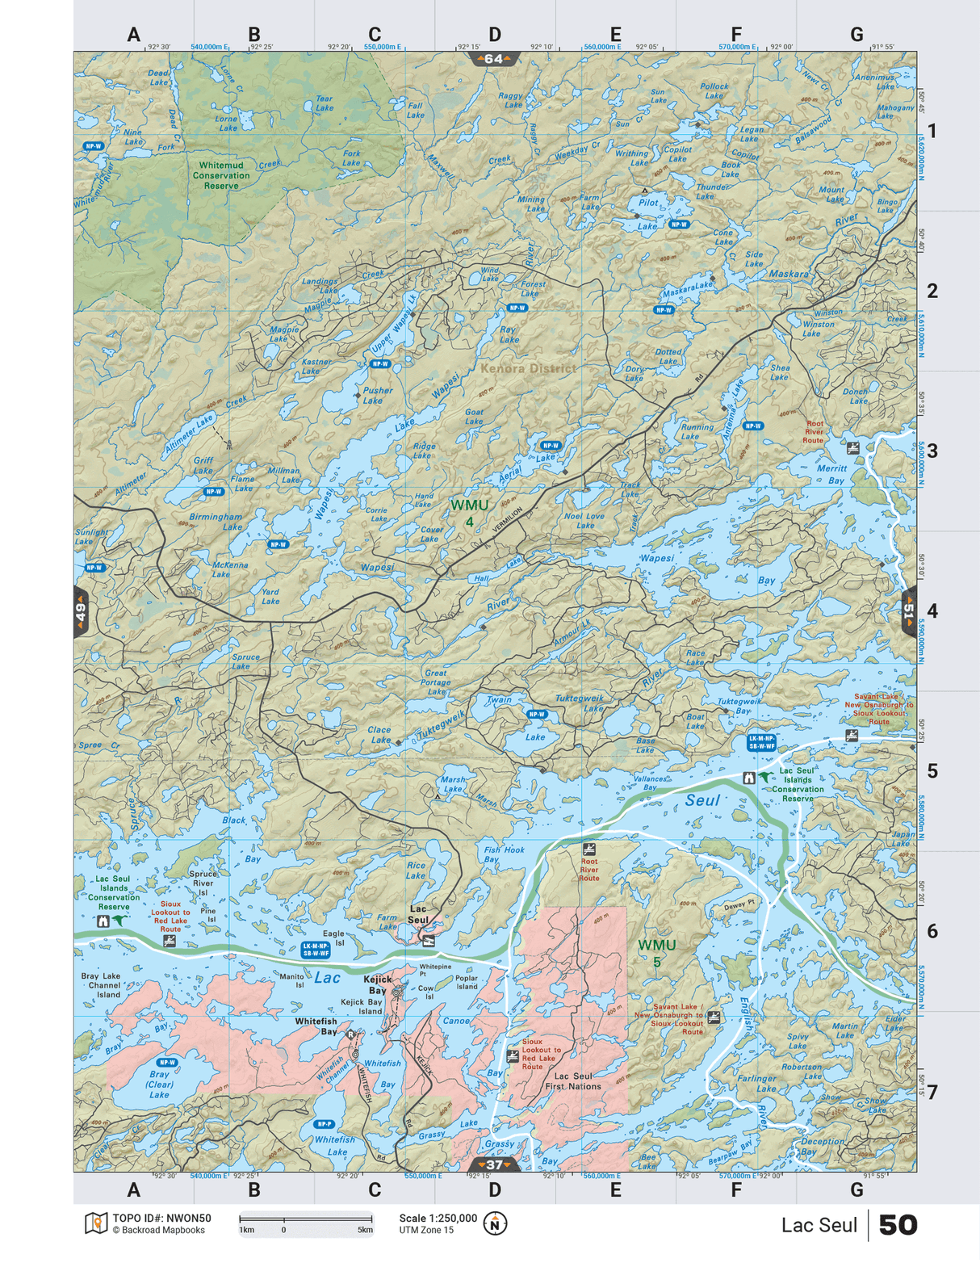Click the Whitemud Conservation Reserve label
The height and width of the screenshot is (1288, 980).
coord(221,175)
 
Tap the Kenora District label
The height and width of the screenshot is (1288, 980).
coord(529,368)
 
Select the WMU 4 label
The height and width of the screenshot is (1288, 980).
coord(469,513)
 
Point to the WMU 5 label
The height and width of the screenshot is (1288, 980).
coord(656,952)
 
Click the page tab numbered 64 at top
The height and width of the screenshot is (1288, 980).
coord(494,59)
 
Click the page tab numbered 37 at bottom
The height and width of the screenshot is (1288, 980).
coord(494,1164)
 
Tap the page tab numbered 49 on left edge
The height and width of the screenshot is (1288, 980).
coord(80,611)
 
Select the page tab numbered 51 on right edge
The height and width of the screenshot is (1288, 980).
coord(909,611)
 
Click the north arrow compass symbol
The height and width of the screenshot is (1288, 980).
coord(495,1224)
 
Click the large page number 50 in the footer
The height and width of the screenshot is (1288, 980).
coord(898,1225)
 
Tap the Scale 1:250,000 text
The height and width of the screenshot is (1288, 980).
coord(438,1218)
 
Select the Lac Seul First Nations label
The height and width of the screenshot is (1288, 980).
coord(573,1081)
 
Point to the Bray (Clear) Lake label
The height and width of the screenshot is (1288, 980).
coord(159,1084)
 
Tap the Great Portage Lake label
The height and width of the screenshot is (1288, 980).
coord(436,682)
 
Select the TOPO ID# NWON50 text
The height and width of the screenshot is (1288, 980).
coord(161,1218)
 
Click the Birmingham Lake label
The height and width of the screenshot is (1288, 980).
coord(216,521)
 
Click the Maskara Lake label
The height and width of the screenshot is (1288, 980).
coord(688,289)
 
